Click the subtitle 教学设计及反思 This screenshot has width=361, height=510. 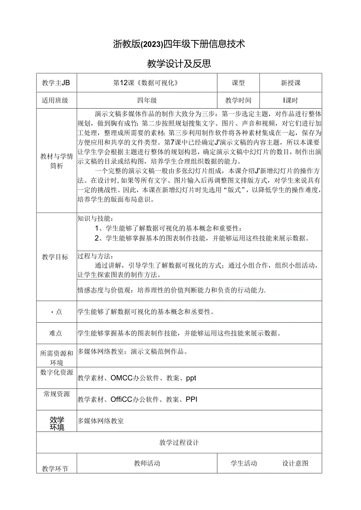[x=179, y=64]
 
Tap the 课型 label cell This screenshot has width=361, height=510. [x=238, y=83]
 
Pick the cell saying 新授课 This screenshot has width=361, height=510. [x=290, y=83]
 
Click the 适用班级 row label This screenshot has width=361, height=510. [x=55, y=100]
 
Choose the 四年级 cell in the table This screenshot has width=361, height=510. [x=147, y=100]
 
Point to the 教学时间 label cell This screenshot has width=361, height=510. [x=238, y=100]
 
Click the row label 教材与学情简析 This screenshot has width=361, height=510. [x=57, y=161]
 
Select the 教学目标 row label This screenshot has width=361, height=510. [x=55, y=257]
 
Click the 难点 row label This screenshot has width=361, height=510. [x=56, y=333]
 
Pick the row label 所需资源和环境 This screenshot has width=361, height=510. [x=57, y=358]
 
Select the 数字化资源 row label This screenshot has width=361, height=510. [x=57, y=373]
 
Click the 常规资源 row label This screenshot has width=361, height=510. [x=57, y=394]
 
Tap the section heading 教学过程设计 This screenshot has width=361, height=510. [x=179, y=443]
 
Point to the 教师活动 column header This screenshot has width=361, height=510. [x=147, y=463]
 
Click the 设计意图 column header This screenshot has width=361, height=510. [x=295, y=463]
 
